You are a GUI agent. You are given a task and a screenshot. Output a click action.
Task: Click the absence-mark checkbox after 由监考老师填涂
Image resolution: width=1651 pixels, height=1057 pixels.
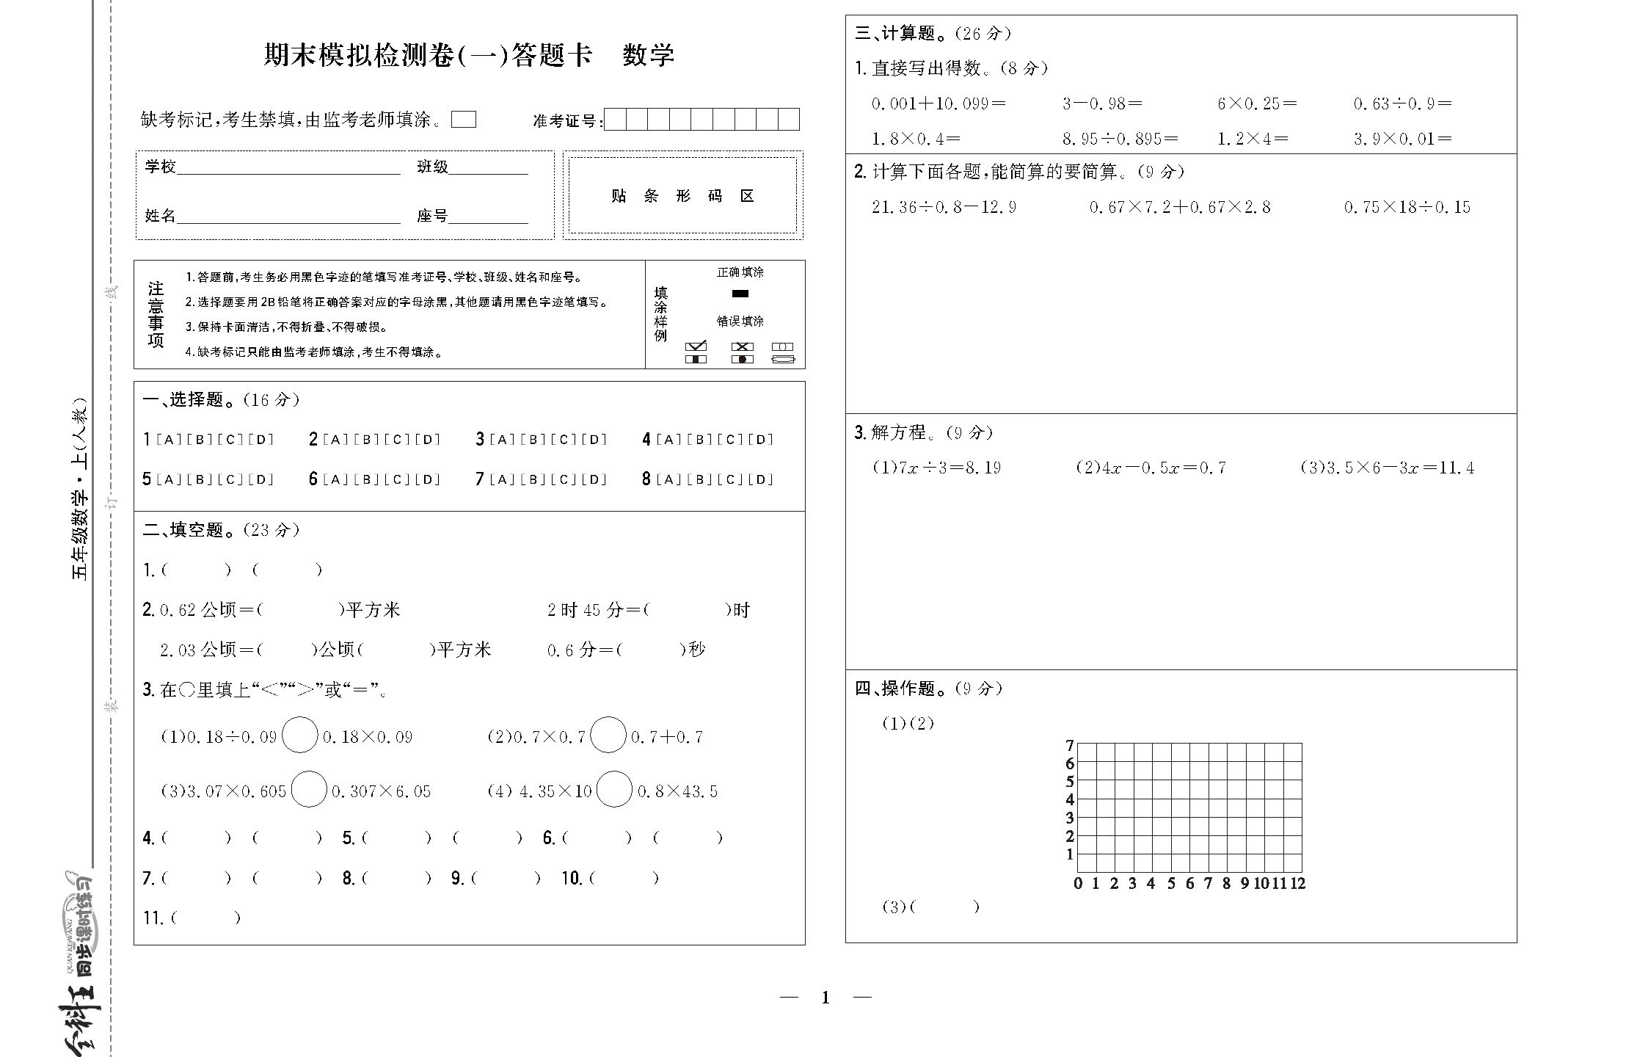tap(463, 120)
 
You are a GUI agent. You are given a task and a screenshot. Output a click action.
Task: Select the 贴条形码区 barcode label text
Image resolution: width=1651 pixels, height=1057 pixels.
tap(682, 196)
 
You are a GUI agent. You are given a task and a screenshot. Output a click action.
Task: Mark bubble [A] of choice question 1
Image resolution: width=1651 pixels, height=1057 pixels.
tap(169, 440)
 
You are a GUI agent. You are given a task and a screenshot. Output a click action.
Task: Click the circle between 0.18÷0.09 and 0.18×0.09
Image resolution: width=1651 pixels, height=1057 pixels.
tap(300, 735)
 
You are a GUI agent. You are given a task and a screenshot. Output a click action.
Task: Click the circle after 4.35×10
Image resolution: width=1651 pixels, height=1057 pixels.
tap(614, 790)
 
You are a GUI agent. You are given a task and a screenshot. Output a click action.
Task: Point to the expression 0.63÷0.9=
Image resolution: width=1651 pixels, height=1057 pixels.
tap(1402, 103)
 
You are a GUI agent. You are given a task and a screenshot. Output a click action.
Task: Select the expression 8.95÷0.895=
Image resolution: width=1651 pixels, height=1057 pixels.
tap(1120, 139)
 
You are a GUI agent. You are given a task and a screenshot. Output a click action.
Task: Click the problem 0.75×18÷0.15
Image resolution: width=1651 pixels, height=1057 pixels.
tap(1407, 207)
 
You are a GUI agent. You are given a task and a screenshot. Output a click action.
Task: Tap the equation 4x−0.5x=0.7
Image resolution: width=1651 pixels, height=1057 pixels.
tap(1151, 468)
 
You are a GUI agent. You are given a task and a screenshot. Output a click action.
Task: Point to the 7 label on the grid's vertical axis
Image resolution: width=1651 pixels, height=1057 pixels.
tap(1069, 745)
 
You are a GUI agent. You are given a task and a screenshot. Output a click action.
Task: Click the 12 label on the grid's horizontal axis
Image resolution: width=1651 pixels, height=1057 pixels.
tap(1297, 884)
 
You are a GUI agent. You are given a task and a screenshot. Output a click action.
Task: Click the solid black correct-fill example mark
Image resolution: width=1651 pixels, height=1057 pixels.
tap(740, 294)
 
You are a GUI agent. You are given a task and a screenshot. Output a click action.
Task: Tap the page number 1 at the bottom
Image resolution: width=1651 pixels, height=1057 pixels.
tap(825, 998)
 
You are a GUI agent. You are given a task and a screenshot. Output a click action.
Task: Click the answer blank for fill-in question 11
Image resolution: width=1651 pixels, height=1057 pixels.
tap(205, 918)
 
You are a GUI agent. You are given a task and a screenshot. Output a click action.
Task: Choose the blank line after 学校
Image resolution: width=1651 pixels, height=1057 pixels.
tap(288, 169)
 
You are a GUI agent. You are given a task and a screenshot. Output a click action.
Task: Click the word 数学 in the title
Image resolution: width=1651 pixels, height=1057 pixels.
tap(648, 55)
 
